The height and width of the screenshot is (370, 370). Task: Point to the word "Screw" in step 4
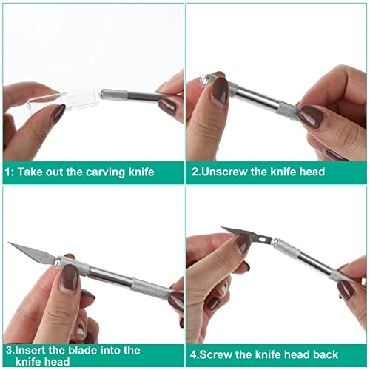215,354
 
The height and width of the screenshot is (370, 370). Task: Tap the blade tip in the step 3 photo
9,243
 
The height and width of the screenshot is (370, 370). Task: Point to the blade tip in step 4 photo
221,227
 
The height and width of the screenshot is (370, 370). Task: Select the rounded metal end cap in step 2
205,80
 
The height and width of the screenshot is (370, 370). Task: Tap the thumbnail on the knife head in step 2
221,91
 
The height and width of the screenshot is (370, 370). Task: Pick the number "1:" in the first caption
10,172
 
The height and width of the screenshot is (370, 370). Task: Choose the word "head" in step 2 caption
312,172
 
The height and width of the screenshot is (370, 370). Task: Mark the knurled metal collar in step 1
115,94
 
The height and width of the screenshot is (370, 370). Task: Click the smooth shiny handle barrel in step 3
111,277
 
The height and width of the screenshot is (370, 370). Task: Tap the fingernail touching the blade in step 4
243,243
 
